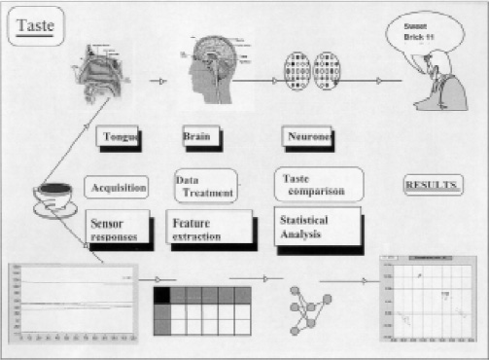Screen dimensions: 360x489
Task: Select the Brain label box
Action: tap(197, 138)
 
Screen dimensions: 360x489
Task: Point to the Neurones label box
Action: tap(308, 138)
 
